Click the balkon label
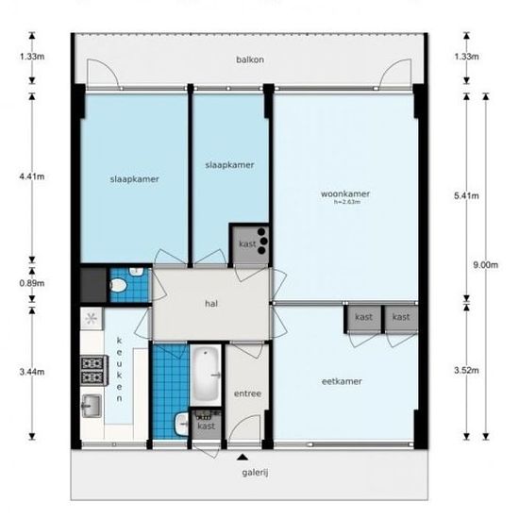coord(250,59)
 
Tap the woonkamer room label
coord(344,193)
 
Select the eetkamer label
coord(342,381)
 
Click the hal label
coord(211,304)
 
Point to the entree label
coord(247,393)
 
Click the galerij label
coord(255,473)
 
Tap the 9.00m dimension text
coord(485,265)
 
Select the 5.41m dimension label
coord(466,195)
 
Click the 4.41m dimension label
coord(32,176)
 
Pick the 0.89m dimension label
coord(32,283)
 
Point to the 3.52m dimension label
coord(466,370)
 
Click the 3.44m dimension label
coord(32,372)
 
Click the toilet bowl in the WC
coord(118,286)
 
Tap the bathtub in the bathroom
coord(207,375)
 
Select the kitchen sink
coord(92,406)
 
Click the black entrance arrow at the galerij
coord(243,457)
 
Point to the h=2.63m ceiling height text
coord(346,202)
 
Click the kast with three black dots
coord(250,244)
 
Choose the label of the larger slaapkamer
coord(134,179)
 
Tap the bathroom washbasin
coord(181,424)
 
